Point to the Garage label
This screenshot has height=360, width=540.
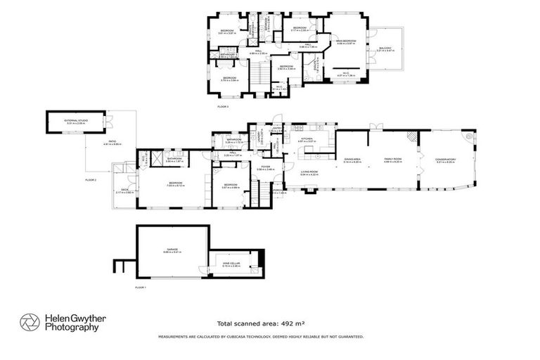point(172,249)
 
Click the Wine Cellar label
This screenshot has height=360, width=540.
point(231,264)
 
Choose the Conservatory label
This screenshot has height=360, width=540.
point(446,160)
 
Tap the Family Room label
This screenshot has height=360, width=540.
point(392,160)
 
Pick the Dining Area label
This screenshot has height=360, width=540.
point(352,160)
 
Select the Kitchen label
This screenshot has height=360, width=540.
point(307,140)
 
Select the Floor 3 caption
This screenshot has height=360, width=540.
point(223,105)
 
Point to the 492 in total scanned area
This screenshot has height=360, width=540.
point(287,324)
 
